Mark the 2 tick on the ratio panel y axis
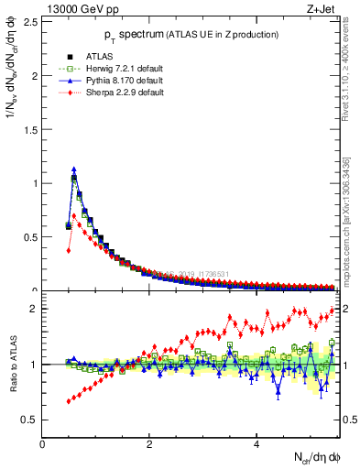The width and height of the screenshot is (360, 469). (x=35, y=309)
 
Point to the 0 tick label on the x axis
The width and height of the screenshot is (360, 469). (x=42, y=444)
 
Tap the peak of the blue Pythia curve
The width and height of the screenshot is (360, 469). (x=74, y=169)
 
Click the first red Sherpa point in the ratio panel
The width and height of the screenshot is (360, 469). (x=69, y=401)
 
